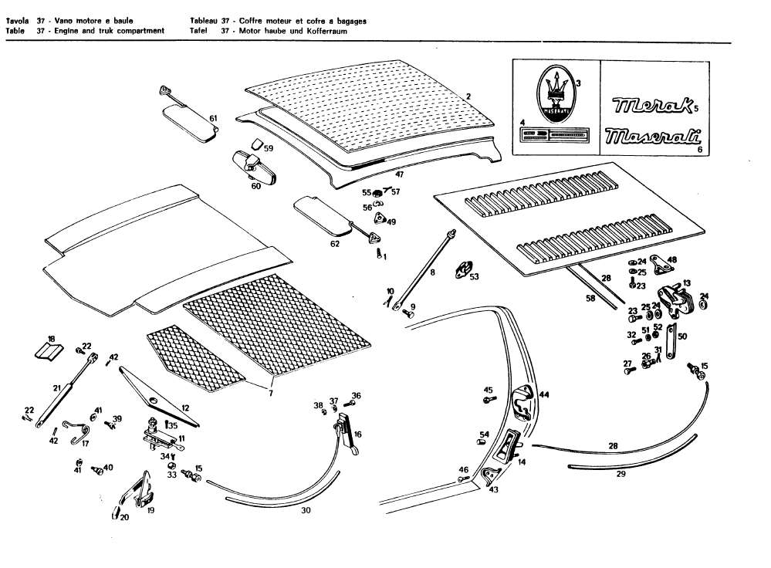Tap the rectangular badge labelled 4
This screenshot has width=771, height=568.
pos(556,137)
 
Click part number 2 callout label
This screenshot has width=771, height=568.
pos(468,96)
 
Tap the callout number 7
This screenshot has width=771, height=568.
pos(270,394)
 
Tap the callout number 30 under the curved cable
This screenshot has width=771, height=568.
pos(305,510)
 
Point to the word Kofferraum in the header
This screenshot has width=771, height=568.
pos(324,31)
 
